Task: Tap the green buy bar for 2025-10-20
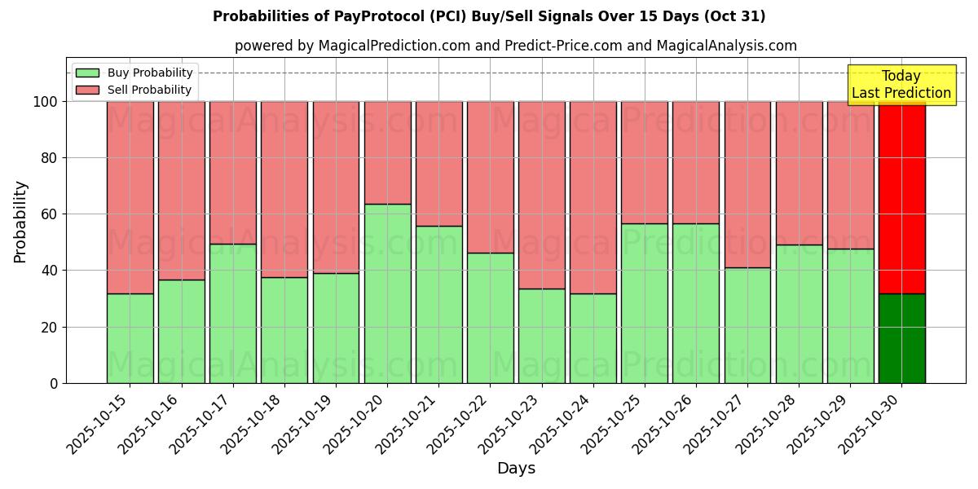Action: [x=387, y=293]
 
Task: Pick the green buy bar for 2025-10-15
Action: [x=130, y=338]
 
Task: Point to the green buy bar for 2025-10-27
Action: [x=747, y=325]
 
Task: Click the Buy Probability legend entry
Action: [x=134, y=73]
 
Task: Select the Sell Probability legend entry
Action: [x=134, y=90]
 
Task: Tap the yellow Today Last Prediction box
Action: [x=901, y=85]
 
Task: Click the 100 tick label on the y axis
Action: [x=44, y=102]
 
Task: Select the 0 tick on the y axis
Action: [x=55, y=383]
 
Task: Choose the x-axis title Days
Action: [x=516, y=469]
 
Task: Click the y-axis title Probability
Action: [x=20, y=222]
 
